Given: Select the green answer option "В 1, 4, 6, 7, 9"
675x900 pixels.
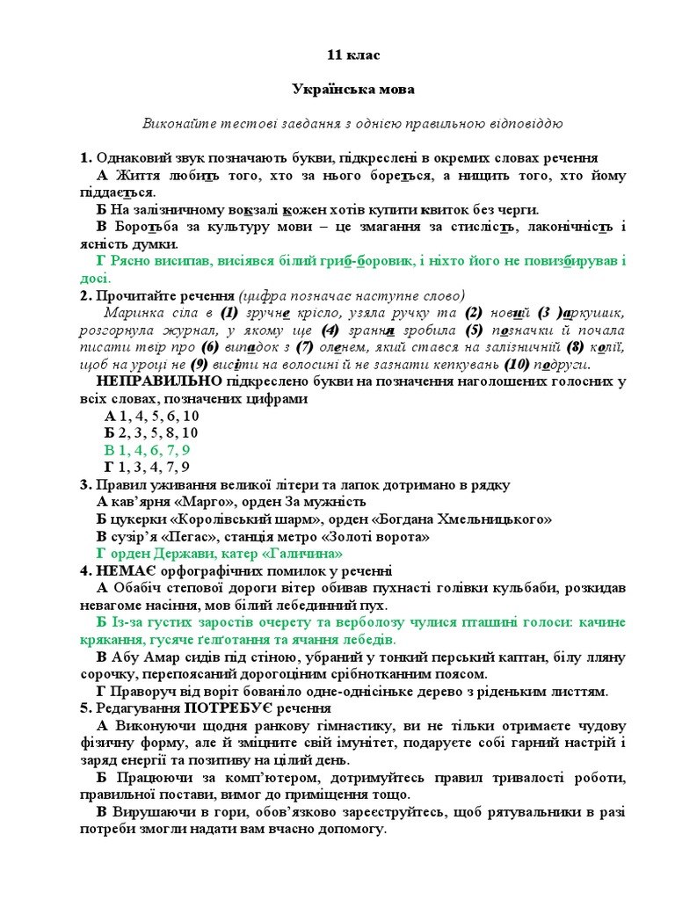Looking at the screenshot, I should click(147, 450).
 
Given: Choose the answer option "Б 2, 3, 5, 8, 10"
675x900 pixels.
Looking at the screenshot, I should click(150, 432).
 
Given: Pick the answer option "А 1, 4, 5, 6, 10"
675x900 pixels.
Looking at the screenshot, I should click(151, 416).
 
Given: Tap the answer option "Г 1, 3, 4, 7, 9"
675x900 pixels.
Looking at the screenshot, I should click(147, 467).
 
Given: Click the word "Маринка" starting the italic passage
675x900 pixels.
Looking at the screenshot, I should click(133, 313).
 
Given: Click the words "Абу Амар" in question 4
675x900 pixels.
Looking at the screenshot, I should click(140, 657).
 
